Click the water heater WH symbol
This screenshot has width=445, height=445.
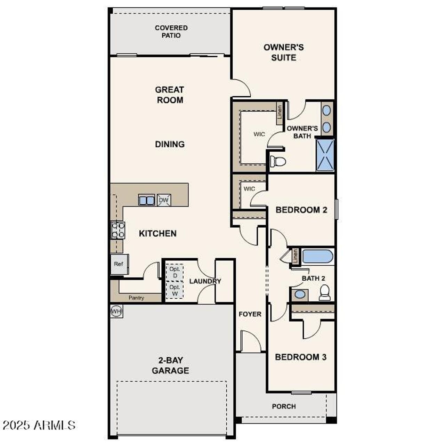116,311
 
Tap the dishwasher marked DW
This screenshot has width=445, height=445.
164,200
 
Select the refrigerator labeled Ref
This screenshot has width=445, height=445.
119,264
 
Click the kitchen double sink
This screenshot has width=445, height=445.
147,200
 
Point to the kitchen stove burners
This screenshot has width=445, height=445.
118,230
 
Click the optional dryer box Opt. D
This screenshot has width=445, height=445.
175,272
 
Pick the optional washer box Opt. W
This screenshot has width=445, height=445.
175,290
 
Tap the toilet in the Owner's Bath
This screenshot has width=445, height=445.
278,161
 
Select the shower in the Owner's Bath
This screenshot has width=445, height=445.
325,155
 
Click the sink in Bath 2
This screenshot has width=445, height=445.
299,295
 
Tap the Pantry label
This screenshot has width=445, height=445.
136,298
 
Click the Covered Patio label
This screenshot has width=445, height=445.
171,32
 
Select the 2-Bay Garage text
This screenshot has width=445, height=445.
170,365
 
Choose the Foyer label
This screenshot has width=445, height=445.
250,314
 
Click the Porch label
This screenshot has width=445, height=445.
284,406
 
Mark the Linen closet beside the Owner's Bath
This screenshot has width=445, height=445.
279,113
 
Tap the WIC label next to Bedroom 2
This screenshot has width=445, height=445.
249,189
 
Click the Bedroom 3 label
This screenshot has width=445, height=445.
301,357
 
